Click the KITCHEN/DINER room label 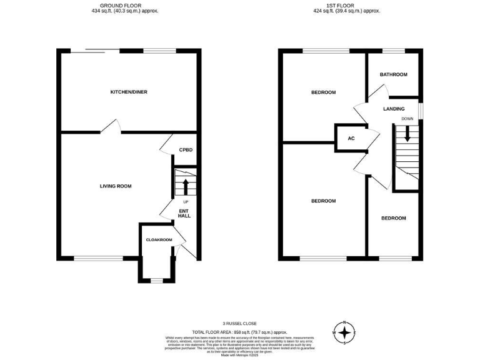pyautogui.click(x=129, y=92)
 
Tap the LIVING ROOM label pyautogui.click(x=116, y=186)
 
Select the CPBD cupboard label pyautogui.click(x=186, y=150)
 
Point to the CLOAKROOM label pyautogui.click(x=159, y=239)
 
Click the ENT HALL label pyautogui.click(x=185, y=213)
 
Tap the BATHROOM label pyautogui.click(x=394, y=74)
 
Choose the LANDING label pyautogui.click(x=394, y=108)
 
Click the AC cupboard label pyautogui.click(x=351, y=139)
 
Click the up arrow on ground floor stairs pyautogui.click(x=185, y=185)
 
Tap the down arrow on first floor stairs pyautogui.click(x=407, y=134)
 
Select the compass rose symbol pyautogui.click(x=344, y=333)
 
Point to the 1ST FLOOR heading pyautogui.click(x=348, y=5)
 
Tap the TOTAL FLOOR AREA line pyautogui.click(x=240, y=332)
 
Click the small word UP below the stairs pyautogui.click(x=186, y=202)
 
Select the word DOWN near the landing pyautogui.click(x=407, y=118)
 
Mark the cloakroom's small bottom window pyautogui.click(x=155, y=281)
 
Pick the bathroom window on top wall pyautogui.click(x=393, y=51)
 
